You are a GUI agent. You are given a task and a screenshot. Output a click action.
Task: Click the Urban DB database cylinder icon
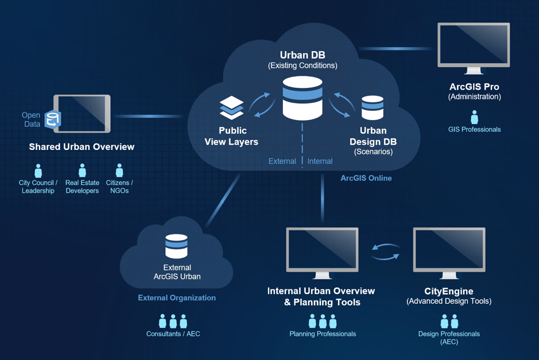tap(303, 98)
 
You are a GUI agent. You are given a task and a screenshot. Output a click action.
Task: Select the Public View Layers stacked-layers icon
tap(232, 107)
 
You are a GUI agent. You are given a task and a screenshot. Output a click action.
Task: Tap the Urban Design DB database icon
tap(373, 108)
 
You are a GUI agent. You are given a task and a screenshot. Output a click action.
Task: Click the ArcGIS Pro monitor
tap(474, 46)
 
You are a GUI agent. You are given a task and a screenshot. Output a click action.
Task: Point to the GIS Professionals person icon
tap(474, 117)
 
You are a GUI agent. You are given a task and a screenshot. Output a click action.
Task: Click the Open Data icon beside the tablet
tap(53, 119)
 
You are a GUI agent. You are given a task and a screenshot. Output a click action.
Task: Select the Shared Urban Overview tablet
tap(82, 114)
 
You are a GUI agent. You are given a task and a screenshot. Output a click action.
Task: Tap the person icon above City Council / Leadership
tap(38, 171)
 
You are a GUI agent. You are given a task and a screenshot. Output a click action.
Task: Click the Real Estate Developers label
tap(82, 187)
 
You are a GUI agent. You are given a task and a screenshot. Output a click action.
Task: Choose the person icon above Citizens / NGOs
tap(119, 171)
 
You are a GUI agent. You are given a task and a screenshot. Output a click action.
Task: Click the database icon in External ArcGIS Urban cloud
tap(176, 246)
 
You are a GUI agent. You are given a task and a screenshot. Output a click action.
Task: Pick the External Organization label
tap(177, 298)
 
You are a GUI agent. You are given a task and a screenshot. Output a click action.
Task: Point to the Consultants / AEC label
tap(173, 334)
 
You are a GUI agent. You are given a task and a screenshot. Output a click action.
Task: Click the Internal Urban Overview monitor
tap(322, 250)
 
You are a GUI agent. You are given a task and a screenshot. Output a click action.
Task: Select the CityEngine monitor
tap(449, 250)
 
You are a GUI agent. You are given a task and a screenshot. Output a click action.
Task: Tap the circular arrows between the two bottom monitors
tap(386, 252)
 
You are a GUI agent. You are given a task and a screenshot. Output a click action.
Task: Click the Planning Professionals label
tap(323, 334)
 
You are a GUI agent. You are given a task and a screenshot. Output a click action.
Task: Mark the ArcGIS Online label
tap(366, 178)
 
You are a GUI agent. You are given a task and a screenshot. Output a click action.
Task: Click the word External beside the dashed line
tap(282, 161)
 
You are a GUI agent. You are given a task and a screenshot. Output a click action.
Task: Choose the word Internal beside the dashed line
tap(320, 161)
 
